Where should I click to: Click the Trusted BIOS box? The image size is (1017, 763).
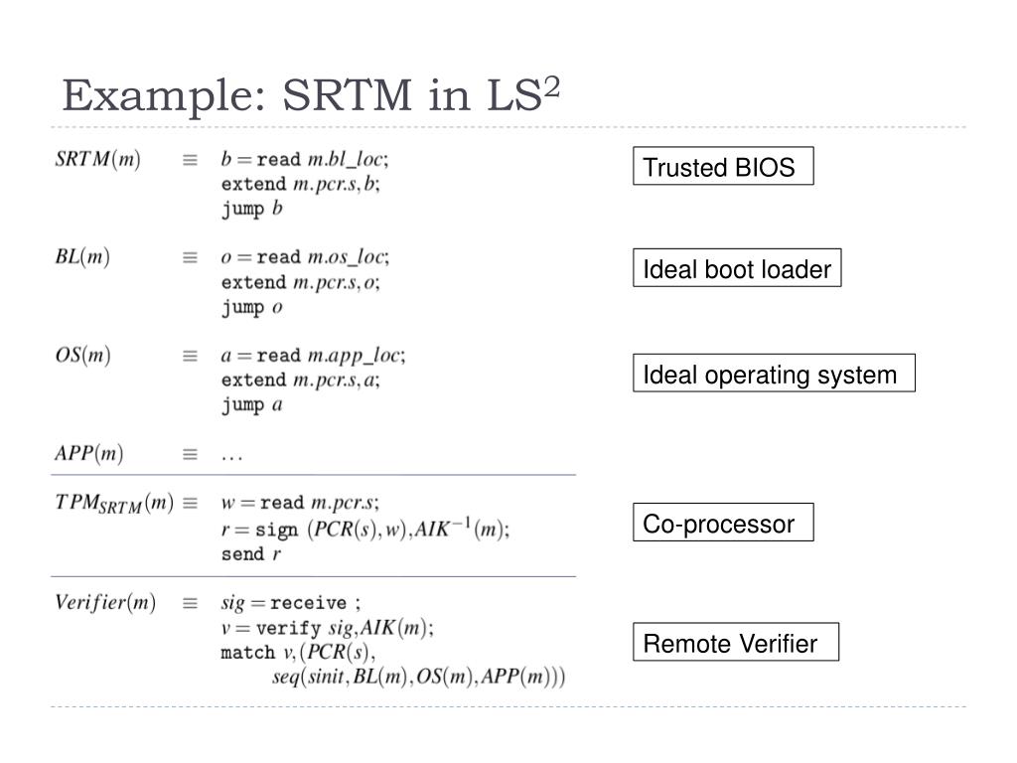722,167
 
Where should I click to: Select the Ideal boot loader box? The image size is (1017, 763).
736,268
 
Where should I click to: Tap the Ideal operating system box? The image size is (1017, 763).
773,375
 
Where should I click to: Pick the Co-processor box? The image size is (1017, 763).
722,524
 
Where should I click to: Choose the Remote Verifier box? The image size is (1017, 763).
735,643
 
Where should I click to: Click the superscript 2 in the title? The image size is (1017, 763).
551,86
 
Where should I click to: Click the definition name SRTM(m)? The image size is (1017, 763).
97,160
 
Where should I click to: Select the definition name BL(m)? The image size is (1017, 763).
82,257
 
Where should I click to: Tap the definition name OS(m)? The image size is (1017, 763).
82,355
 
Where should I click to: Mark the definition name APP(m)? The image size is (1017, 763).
88,454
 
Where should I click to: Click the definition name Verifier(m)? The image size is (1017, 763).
105,602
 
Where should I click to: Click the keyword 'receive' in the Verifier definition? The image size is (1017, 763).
308,603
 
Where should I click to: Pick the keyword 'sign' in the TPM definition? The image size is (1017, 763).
278,530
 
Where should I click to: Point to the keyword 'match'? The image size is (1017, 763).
246,653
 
